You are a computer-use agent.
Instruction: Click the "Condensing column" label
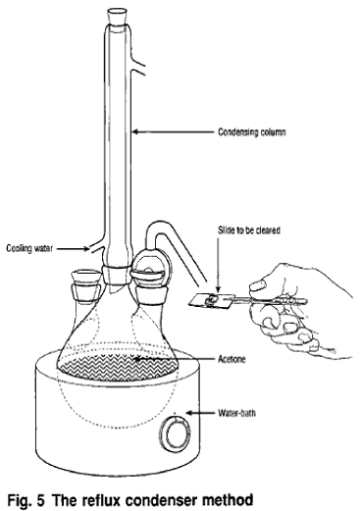pos(252,132)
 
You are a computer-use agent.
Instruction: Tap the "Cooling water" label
pos(29,248)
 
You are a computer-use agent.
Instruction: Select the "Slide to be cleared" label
pos(249,230)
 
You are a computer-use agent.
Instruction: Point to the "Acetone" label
pos(231,359)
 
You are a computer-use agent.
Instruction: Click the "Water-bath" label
pos(236,413)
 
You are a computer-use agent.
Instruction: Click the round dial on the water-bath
pos(178,434)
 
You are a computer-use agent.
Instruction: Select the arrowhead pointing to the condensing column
pos(135,132)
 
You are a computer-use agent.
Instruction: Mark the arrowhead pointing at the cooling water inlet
pos(85,249)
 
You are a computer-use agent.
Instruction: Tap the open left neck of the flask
pos(86,278)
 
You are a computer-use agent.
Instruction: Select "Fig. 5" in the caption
pos(26,500)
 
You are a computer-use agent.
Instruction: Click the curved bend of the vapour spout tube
pos(154,229)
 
